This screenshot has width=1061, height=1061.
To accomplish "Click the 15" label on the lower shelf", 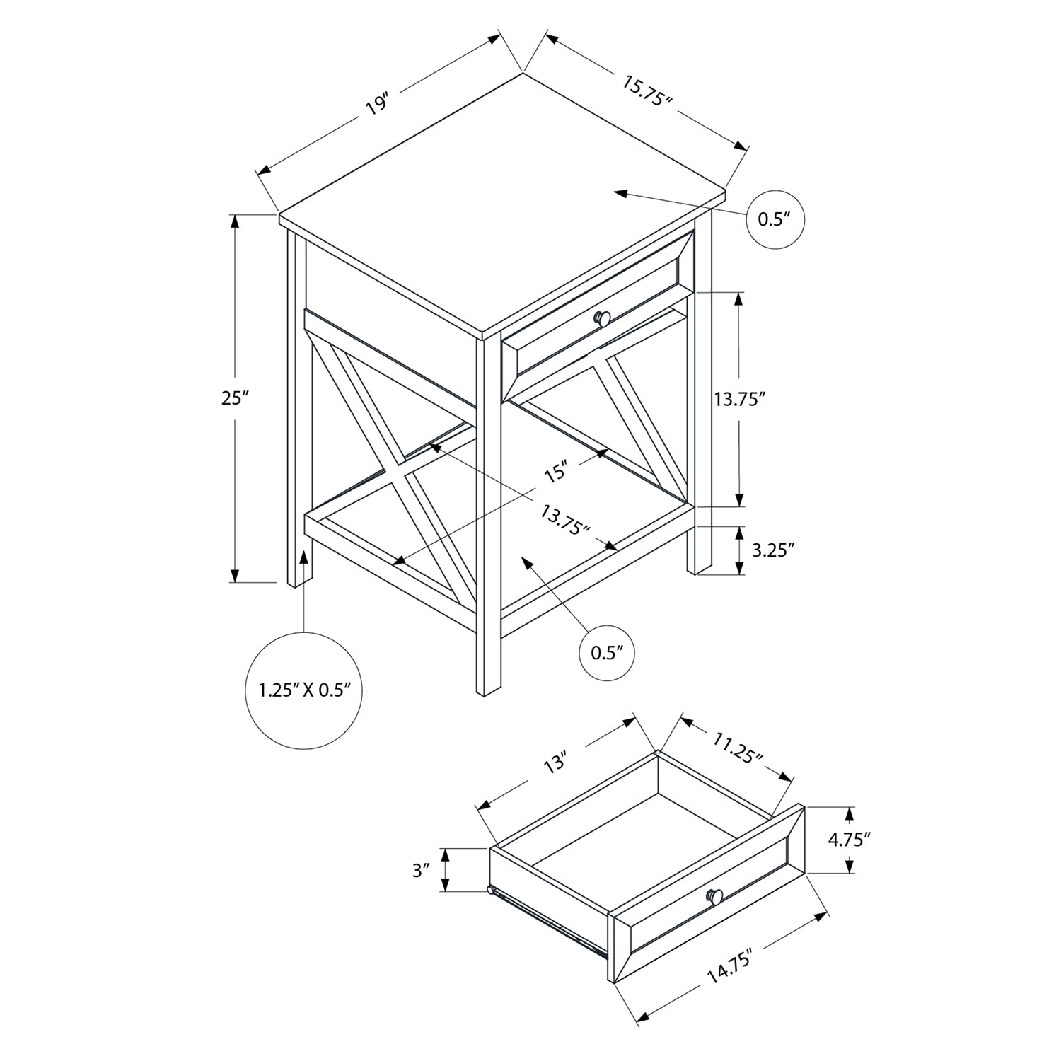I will [556, 472].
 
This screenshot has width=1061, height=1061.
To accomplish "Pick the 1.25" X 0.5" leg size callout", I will [305, 690].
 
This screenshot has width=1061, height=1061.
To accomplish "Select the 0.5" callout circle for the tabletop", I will [777, 219].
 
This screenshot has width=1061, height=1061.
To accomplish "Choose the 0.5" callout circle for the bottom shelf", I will [607, 652].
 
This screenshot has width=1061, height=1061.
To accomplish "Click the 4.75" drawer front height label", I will [849, 840].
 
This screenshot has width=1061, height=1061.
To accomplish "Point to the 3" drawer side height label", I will [422, 870].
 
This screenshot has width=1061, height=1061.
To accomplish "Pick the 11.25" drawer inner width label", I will [738, 749].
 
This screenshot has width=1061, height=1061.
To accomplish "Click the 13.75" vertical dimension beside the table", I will [740, 400].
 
